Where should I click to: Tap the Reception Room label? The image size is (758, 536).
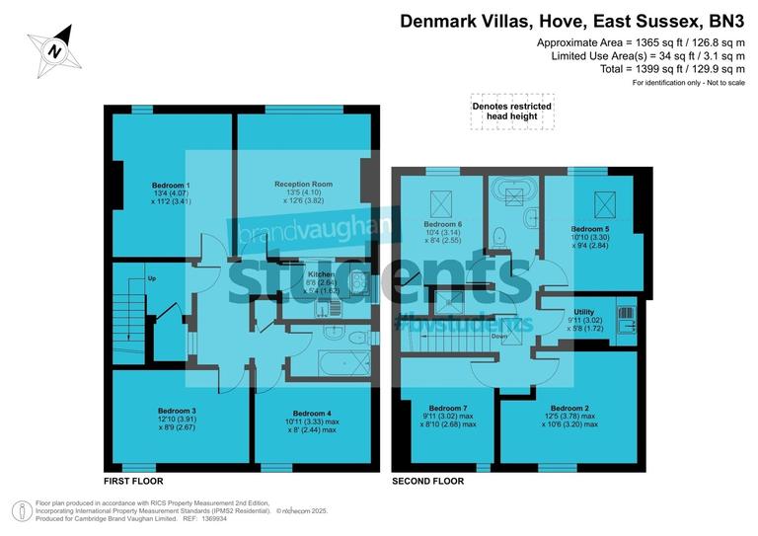point(303,185)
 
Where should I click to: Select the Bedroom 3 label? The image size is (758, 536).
point(178,411)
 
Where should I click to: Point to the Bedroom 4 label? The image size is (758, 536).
point(313,413)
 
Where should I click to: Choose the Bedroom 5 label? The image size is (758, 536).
point(591,228)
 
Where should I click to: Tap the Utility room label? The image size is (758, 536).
point(584,311)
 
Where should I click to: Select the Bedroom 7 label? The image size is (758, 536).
point(448,408)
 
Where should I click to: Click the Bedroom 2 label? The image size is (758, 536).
point(570,408)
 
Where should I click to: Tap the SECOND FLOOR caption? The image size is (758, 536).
point(428,481)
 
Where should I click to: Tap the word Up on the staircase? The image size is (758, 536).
point(151,278)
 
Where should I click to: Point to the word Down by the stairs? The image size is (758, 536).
point(499,337)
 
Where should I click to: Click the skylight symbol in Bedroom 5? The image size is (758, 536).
point(597,205)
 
